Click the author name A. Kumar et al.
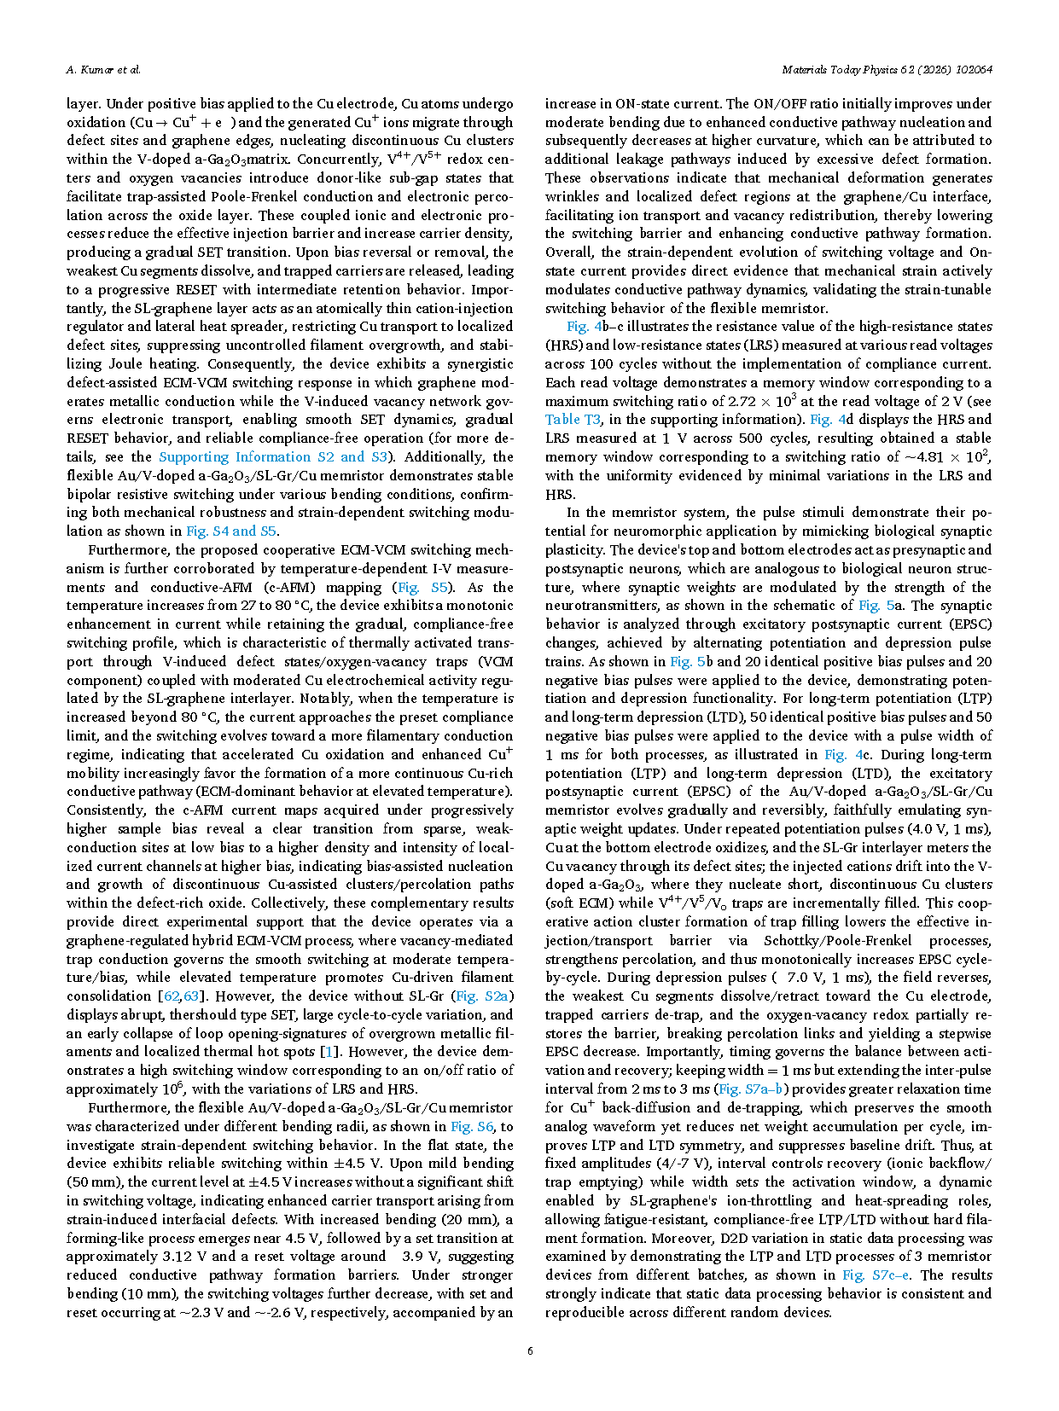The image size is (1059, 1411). (103, 70)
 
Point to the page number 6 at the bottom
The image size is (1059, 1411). (530, 1350)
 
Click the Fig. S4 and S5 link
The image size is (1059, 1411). (232, 531)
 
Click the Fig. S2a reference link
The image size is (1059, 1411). (482, 996)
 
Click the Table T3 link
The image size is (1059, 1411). (573, 420)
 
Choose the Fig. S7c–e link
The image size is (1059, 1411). (876, 1275)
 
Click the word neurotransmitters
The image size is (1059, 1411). (602, 606)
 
